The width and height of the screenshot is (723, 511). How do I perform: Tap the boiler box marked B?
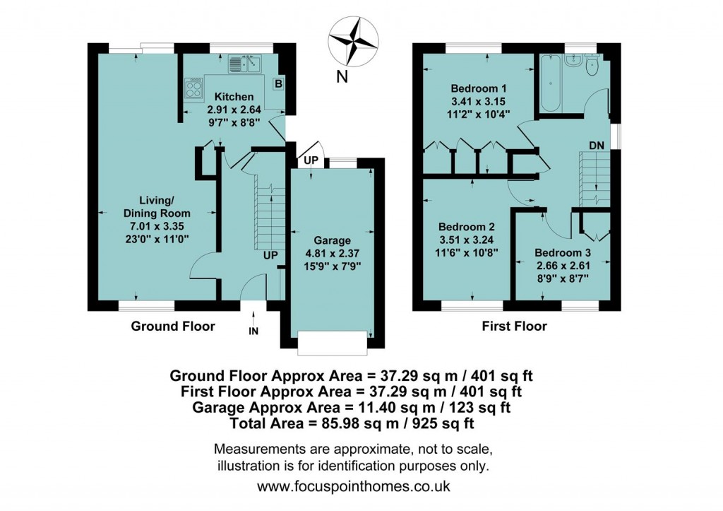point(278,84)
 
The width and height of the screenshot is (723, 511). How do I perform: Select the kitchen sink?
point(245,64)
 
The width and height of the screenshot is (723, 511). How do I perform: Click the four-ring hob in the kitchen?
point(193,88)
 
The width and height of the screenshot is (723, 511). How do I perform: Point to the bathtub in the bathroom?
point(550,83)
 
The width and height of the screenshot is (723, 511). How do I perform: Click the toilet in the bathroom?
point(592,64)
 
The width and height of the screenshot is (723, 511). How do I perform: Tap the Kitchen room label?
point(234,97)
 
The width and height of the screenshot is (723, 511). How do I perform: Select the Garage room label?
point(332,240)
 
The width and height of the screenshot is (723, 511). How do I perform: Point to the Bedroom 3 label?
point(563,252)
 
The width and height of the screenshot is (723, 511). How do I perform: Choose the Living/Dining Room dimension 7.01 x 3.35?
point(157,225)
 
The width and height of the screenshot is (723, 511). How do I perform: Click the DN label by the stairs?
point(597,145)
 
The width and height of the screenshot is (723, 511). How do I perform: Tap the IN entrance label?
point(253,331)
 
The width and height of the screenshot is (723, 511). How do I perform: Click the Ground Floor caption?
point(173,327)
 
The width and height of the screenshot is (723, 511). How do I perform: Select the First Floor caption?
point(514,327)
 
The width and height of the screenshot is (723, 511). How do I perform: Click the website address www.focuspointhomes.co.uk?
point(353,486)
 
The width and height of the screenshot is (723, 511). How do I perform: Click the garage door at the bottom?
point(333,343)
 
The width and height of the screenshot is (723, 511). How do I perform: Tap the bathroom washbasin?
point(573,60)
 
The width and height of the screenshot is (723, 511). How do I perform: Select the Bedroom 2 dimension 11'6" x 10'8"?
point(467,252)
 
